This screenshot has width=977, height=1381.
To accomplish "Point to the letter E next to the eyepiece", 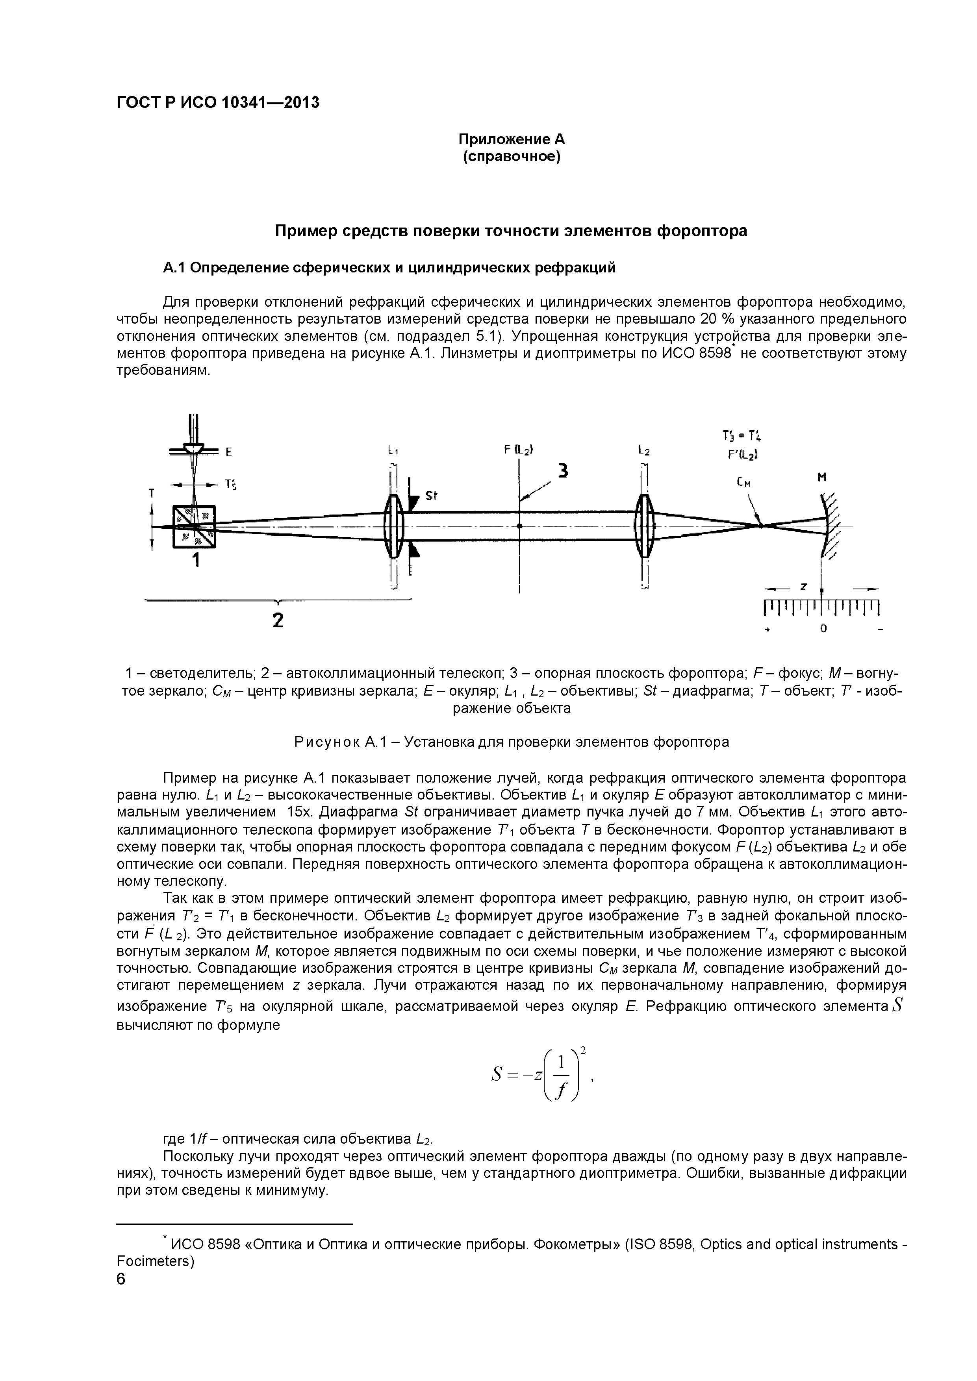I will point(229,452).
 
